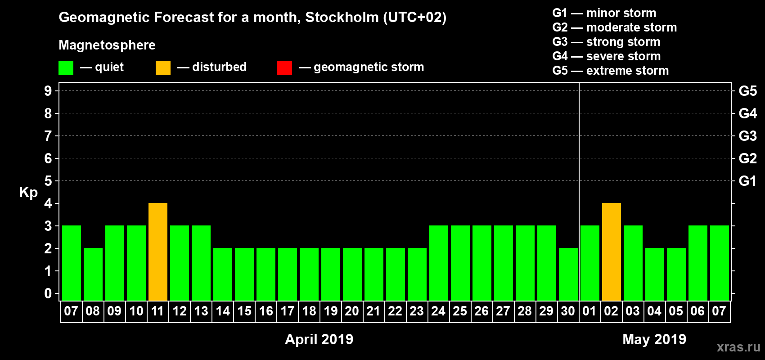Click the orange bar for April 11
coord(158,252)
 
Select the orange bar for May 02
coord(612,252)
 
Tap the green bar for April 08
coord(93,274)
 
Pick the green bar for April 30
coord(568,274)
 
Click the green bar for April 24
coord(439,263)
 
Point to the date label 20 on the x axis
coord(352,311)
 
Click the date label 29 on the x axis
coord(546,311)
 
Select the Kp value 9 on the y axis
coord(48,91)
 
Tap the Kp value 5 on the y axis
coord(48,181)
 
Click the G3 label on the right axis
coord(747,136)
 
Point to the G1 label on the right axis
coord(747,181)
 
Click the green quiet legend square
coord(66,68)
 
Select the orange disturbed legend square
coord(163,68)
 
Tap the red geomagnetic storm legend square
coord(284,68)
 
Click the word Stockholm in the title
coord(342,18)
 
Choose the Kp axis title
coord(28,192)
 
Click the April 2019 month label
coord(319,339)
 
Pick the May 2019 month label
coord(654,339)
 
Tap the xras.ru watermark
coord(738,346)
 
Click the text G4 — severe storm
coord(607,56)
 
